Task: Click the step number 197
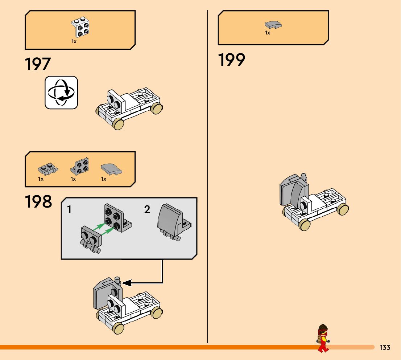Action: [38, 64]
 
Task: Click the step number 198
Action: [38, 202]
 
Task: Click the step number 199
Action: [231, 60]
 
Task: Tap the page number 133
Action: [385, 348]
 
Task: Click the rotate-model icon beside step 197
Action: [61, 93]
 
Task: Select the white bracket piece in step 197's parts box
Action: [80, 28]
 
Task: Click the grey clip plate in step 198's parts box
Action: [46, 169]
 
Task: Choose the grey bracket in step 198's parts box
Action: [80, 167]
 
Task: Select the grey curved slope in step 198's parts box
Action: [111, 168]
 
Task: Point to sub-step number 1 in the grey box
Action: [70, 209]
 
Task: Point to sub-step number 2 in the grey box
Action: [147, 209]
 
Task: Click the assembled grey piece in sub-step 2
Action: [172, 221]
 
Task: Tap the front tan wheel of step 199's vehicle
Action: [305, 225]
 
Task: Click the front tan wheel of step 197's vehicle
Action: [118, 124]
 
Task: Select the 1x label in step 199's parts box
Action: [268, 33]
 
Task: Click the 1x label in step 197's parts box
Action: [74, 42]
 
